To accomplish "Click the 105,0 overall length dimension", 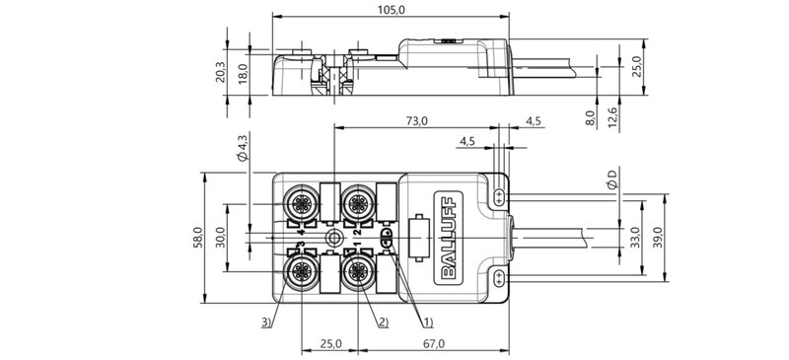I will tap(392, 10).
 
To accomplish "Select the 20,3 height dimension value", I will tap(219, 73).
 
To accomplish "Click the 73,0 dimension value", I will tap(416, 121).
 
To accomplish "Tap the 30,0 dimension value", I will tap(222, 239).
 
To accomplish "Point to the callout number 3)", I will tap(268, 322).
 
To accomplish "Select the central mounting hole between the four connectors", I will tap(335, 238).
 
